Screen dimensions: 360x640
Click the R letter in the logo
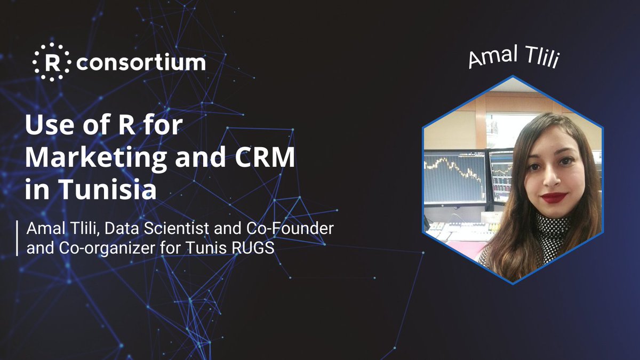(52, 62)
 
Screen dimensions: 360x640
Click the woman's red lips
(554, 198)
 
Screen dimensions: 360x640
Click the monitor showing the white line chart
(455, 177)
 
